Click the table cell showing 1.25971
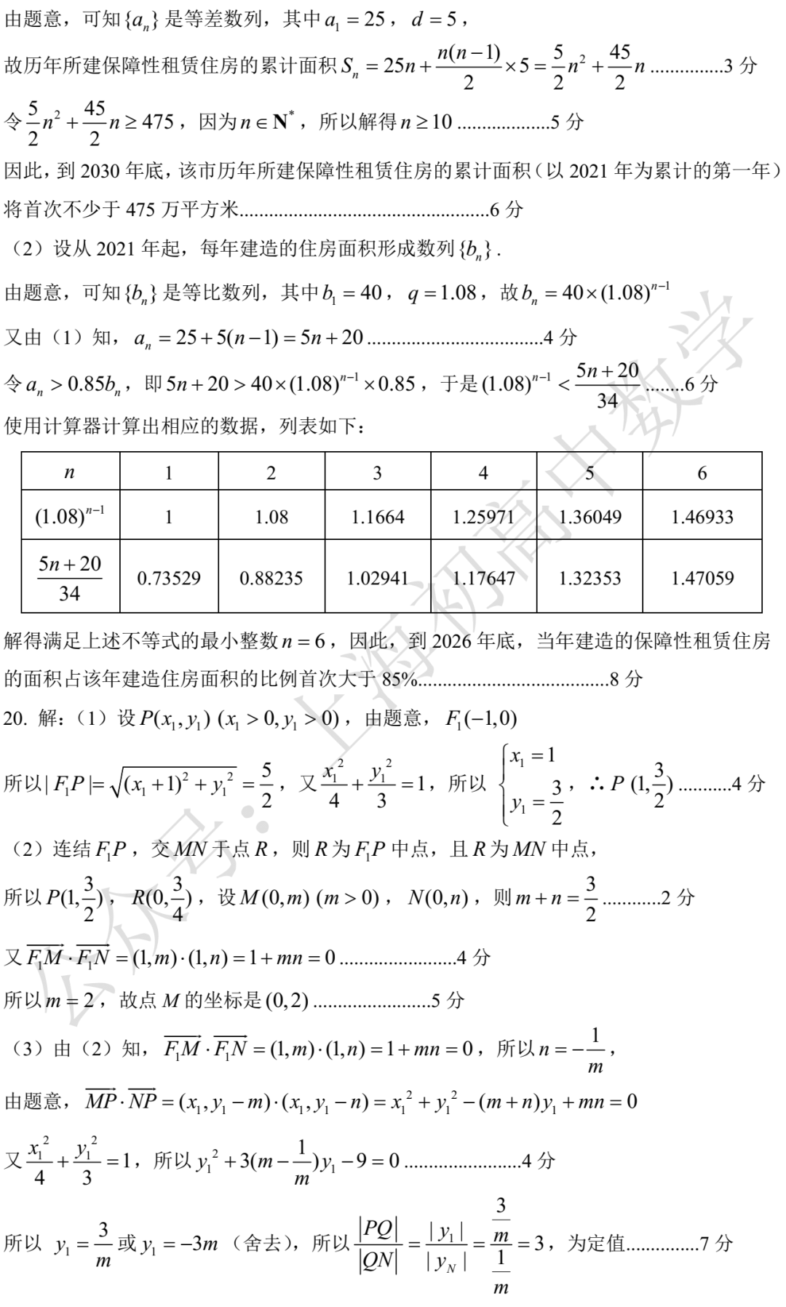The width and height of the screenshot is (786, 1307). (483, 517)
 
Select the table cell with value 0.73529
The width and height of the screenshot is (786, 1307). (169, 578)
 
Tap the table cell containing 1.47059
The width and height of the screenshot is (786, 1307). (702, 578)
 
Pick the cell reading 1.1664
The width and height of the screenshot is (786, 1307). (377, 517)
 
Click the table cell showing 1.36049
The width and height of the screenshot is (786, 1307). (589, 517)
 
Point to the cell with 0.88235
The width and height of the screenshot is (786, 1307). (271, 578)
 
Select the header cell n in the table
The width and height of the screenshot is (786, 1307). (70, 472)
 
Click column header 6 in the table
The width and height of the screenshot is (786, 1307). (702, 472)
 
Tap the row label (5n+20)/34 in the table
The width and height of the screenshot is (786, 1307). (70, 578)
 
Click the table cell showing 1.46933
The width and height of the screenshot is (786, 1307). (702, 517)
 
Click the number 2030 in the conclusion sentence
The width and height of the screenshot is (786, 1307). (99, 171)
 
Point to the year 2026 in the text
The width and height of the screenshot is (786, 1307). (451, 640)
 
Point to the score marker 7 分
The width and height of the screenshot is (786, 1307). (716, 1243)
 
